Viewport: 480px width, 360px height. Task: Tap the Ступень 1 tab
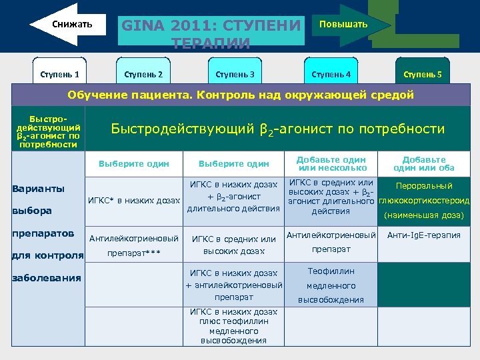59,74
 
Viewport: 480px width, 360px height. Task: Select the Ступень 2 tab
143,74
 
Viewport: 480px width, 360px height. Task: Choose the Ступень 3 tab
235,74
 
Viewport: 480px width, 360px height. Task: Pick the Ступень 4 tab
331,74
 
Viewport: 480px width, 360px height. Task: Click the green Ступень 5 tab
422,74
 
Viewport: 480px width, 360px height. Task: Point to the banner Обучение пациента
240,95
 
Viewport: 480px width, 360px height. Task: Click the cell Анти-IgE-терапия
425,235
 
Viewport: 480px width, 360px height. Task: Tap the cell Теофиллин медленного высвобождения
331,285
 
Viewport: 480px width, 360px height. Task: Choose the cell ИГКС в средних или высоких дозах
233,245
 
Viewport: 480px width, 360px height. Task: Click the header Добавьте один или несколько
331,163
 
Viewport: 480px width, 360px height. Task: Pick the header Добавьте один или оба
425,163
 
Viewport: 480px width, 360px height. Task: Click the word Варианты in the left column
39,189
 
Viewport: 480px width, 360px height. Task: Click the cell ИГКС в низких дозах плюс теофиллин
233,326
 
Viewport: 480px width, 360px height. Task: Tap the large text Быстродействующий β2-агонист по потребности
277,129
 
